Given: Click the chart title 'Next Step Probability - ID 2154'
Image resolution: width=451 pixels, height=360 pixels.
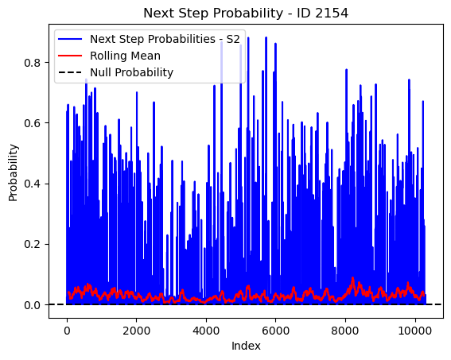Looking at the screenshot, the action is coord(246,14).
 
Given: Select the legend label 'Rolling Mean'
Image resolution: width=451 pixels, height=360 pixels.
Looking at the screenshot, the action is coord(125,56).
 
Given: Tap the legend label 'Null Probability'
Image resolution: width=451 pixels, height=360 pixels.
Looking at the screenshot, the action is coord(132,72).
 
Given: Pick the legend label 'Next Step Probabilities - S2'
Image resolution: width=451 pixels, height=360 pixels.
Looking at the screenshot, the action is coord(165,39).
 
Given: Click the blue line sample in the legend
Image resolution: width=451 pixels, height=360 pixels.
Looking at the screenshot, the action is coord(70,39).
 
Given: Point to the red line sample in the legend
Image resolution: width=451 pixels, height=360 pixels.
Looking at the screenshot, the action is coord(70,56).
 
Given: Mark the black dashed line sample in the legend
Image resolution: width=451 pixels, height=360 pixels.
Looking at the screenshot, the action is coord(70,72).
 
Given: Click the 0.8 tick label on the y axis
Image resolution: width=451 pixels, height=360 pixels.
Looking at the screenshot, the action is coord(32,63).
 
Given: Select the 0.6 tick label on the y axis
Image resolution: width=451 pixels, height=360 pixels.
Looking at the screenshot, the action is coord(32,123).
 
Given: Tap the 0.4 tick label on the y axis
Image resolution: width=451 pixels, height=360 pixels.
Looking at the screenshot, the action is coord(32,184).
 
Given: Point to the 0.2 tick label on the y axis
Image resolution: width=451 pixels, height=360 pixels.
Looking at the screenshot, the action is coord(32,244).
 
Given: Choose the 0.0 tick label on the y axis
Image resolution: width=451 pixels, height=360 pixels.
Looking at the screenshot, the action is coord(32,305).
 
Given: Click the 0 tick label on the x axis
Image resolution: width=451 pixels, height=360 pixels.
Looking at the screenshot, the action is coord(67,331).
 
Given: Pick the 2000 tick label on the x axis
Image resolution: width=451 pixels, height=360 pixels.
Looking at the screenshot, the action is coord(136,331).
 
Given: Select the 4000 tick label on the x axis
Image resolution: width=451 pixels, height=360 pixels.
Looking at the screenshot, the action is coord(206,331).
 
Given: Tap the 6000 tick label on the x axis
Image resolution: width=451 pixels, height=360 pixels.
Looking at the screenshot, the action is coord(275,331).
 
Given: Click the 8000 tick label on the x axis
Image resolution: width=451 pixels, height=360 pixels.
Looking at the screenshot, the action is coord(345,331).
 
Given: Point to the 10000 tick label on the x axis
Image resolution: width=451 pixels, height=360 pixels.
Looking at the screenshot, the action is coord(415,331).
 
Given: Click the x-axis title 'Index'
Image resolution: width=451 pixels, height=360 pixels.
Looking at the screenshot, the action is coord(246,346).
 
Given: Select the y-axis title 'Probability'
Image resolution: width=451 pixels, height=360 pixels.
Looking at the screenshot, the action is coord(14,172).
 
